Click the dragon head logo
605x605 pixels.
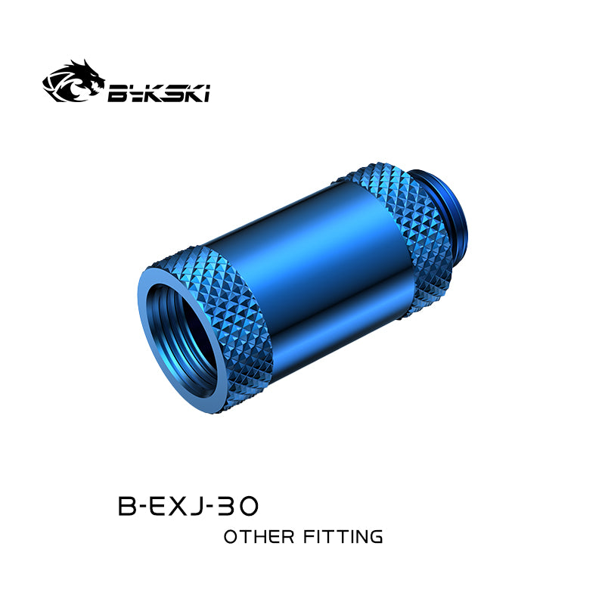click(x=73, y=81)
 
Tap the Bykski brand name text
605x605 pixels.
click(x=159, y=93)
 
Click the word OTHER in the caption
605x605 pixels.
click(x=259, y=537)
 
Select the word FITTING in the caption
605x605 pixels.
click(x=343, y=537)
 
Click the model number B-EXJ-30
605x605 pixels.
click(x=188, y=506)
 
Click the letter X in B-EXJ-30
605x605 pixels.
click(x=178, y=506)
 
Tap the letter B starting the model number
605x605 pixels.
click(x=126, y=506)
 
